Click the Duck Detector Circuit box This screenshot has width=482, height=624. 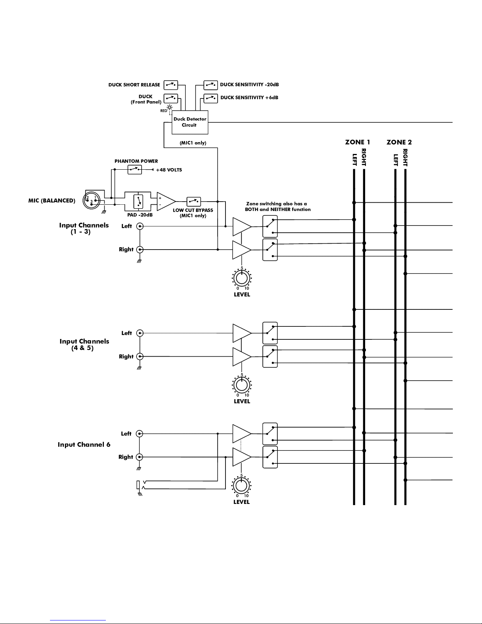point(190,122)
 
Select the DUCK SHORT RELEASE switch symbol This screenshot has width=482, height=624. point(171,85)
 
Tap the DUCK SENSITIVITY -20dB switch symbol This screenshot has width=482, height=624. point(211,85)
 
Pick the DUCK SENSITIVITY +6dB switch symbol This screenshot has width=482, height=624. point(211,98)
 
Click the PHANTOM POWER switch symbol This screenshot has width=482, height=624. point(135,170)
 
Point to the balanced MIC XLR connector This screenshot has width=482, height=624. point(92,200)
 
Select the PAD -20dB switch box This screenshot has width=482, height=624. point(138,201)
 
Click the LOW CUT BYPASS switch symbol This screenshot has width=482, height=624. point(194,202)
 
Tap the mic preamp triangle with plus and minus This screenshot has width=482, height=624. point(166,202)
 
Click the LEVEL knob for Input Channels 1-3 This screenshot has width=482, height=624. point(242,278)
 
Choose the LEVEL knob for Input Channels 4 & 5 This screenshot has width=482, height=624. point(242,385)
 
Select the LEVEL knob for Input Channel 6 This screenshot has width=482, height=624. point(241,485)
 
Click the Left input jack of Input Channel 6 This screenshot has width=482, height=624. point(139,433)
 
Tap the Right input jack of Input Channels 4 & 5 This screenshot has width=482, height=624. point(140,356)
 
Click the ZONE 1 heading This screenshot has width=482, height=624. point(358,142)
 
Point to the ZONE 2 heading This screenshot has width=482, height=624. point(399,142)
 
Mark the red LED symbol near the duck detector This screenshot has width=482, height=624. point(170,108)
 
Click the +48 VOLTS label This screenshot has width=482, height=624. point(169,170)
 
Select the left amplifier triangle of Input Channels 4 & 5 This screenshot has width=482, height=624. point(242,333)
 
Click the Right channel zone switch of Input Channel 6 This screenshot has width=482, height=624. point(270,457)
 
